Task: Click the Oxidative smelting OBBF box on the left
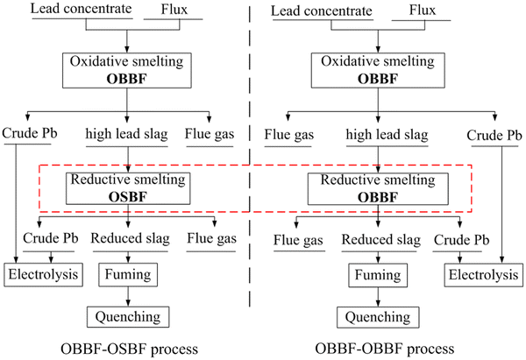(129, 71)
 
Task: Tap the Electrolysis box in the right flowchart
(480, 274)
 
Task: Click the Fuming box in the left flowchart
(129, 274)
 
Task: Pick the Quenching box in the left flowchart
(129, 316)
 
